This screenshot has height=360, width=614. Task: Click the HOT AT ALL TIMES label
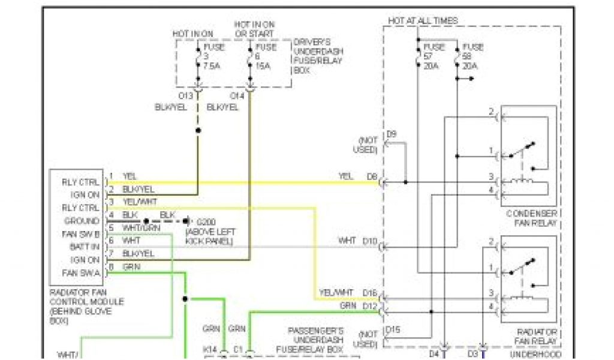click(x=423, y=20)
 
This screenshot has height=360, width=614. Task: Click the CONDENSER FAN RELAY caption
click(x=532, y=218)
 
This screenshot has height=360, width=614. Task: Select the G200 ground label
click(x=204, y=221)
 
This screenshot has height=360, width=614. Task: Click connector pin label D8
click(x=372, y=176)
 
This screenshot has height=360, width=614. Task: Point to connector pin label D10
click(x=370, y=241)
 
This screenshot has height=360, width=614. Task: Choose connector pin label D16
click(x=370, y=292)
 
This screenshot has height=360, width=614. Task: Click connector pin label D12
click(x=370, y=305)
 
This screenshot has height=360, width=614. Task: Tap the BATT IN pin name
click(x=85, y=247)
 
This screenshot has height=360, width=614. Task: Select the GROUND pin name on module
click(x=83, y=221)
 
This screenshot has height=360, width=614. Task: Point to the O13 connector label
click(x=186, y=95)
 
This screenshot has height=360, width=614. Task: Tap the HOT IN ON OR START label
click(x=254, y=29)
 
